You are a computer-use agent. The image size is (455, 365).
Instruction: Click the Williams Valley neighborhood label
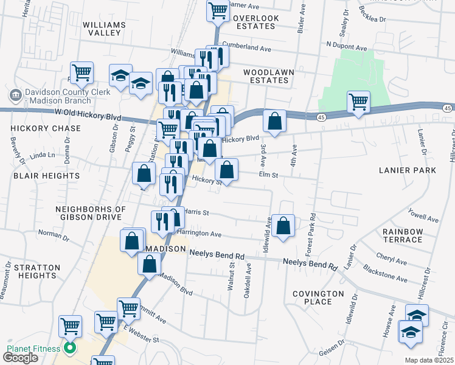click(x=105, y=29)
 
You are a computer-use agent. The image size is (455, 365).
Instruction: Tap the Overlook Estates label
click(x=255, y=23)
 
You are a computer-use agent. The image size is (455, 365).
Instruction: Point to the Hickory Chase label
click(x=46, y=128)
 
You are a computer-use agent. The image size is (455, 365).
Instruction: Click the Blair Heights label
click(x=46, y=175)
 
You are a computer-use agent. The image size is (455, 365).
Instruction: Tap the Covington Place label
click(x=321, y=297)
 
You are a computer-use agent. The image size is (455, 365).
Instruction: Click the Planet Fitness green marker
click(x=69, y=349)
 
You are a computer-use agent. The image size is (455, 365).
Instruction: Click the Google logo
click(x=20, y=357)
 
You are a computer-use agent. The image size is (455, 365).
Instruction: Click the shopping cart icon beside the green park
click(x=358, y=101)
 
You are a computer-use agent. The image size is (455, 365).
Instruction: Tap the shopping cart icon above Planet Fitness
click(x=71, y=326)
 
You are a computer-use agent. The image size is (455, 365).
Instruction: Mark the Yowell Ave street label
click(x=424, y=216)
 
